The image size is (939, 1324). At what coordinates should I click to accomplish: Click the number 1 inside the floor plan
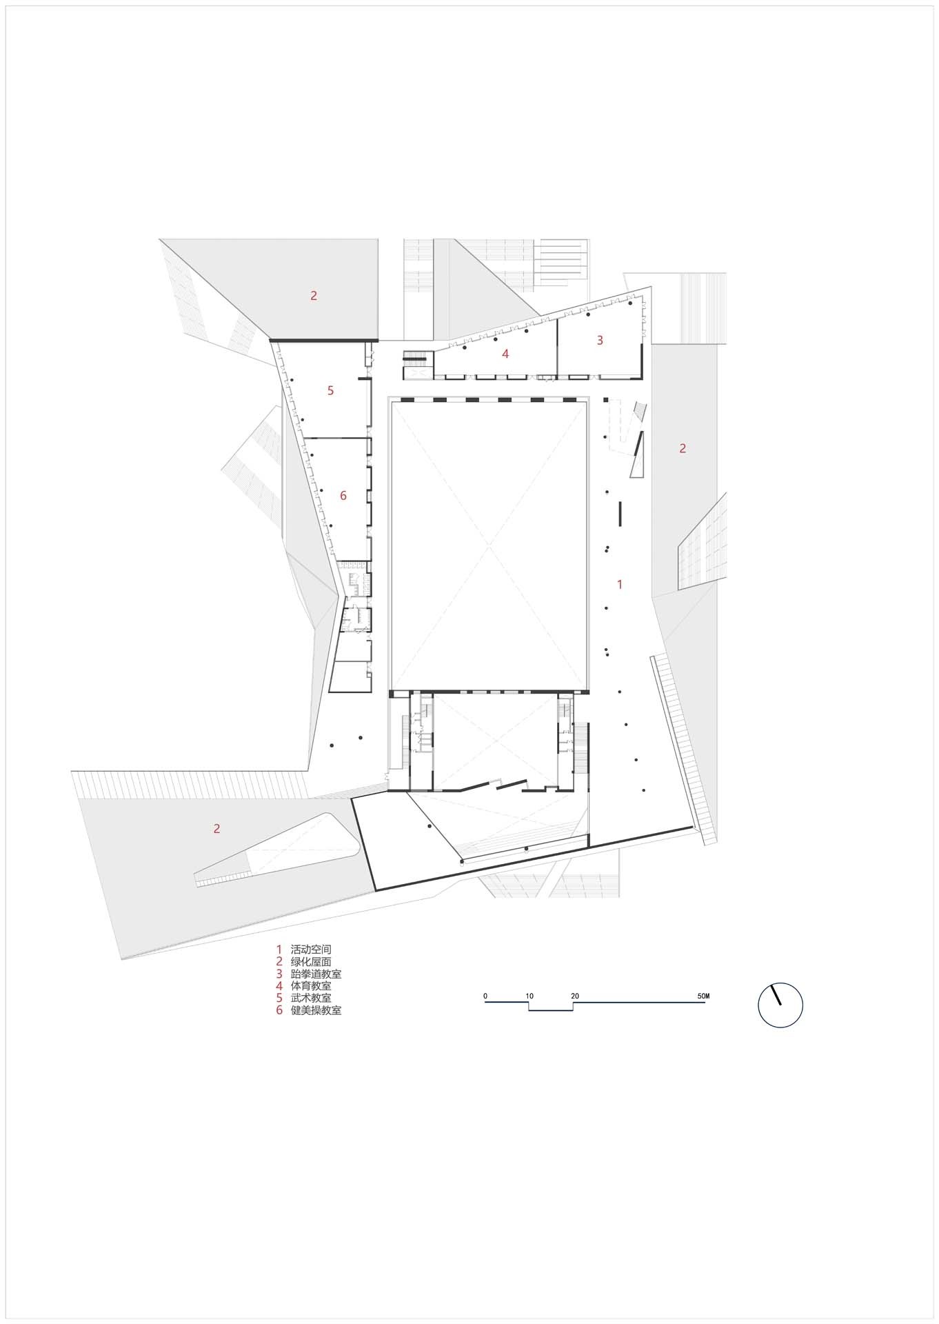coord(620,584)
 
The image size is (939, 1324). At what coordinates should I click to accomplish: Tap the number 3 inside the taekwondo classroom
coord(600,340)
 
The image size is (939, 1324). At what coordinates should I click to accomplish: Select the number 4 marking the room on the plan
coord(505,354)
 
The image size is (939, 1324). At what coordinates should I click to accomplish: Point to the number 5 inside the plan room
coord(330,390)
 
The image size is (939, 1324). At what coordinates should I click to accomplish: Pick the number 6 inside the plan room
coord(343,495)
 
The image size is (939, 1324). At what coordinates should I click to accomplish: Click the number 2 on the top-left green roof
coord(314,295)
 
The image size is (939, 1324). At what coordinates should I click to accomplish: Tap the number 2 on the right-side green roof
coord(683,448)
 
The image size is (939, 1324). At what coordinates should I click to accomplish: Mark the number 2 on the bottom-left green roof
coord(216,828)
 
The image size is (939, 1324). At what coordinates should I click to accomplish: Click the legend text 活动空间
coord(311,950)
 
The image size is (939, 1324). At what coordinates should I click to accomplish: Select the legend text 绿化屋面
coord(311,961)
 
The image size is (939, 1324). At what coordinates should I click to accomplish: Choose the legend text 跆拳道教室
coord(316,974)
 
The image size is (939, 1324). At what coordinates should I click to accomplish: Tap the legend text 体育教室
coord(311,986)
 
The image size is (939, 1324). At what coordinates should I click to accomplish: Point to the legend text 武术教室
coord(311,998)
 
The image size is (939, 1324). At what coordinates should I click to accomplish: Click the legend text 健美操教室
coord(316,1010)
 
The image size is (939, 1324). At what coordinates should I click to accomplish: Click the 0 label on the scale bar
coord(485,996)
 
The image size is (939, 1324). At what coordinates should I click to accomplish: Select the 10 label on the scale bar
coord(529,996)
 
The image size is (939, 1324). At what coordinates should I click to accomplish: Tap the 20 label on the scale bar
coord(574,996)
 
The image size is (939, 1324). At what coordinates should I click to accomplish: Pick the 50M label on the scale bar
coord(703,996)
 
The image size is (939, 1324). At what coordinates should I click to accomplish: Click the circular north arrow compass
coord(780,1004)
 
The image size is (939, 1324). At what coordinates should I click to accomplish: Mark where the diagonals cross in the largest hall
coord(489,546)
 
